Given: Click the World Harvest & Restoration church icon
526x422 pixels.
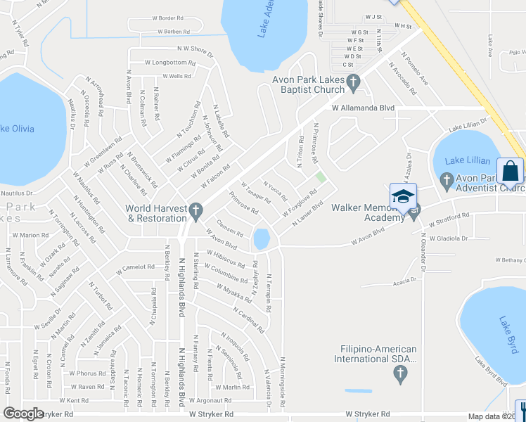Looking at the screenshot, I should pyautogui.click(x=196, y=210).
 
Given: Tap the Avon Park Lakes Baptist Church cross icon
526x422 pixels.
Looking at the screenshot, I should pyautogui.click(x=354, y=84).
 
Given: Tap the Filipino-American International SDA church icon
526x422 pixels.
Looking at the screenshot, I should pyautogui.click(x=401, y=374).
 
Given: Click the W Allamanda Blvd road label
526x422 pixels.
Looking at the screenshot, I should pyautogui.click(x=363, y=108).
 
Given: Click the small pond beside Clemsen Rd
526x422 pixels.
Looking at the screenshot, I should pyautogui.click(x=262, y=239).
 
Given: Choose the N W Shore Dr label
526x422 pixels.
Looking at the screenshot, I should pyautogui.click(x=195, y=49).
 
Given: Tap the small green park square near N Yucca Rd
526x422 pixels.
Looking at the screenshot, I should pyautogui.click(x=321, y=177).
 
